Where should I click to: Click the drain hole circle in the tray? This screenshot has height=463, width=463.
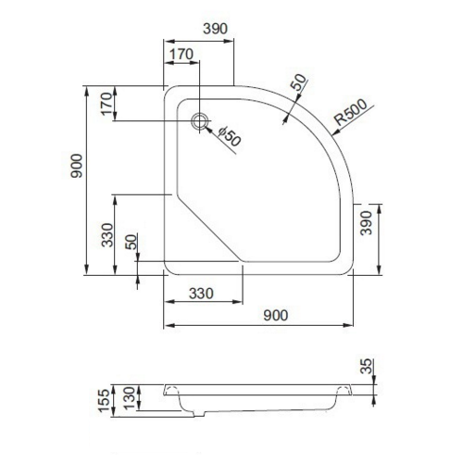tap(198, 122)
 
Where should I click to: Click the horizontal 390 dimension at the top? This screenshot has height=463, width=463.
tap(214, 29)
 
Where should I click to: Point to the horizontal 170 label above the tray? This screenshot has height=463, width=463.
tap(181, 55)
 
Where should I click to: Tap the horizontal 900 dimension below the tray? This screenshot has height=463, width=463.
tap(275, 315)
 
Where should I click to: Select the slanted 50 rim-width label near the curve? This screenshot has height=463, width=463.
tap(297, 83)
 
